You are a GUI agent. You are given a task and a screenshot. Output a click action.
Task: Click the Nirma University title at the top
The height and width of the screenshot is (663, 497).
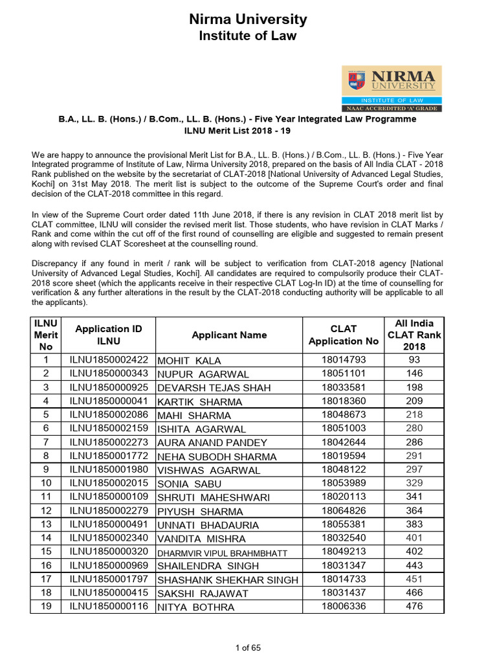click(x=248, y=19)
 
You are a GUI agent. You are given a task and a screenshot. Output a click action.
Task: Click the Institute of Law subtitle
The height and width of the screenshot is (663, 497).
click(x=248, y=36)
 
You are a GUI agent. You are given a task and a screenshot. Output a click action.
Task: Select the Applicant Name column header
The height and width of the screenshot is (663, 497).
click(x=229, y=335)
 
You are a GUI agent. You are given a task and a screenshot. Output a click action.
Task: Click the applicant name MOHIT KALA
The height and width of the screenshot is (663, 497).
click(x=189, y=361)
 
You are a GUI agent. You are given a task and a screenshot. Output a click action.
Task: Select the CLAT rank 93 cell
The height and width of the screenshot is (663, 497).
click(x=414, y=360)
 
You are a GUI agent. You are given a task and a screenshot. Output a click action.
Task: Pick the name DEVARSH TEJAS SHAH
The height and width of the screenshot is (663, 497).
click(x=214, y=388)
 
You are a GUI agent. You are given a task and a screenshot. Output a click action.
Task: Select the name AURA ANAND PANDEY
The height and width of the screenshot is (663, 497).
click(x=212, y=443)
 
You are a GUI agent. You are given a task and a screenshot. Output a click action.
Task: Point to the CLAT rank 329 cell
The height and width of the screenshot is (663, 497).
click(x=414, y=484)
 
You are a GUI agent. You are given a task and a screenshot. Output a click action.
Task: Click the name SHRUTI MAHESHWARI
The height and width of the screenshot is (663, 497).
click(x=214, y=498)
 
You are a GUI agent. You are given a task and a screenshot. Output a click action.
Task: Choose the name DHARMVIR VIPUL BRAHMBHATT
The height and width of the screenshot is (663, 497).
click(x=221, y=553)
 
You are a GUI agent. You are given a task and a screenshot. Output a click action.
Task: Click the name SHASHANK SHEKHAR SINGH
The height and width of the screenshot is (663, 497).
click(x=228, y=580)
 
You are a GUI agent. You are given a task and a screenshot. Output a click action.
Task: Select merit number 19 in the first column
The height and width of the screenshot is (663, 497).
click(x=46, y=607)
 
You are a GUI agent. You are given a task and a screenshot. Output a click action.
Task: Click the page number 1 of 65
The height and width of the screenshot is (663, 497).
click(x=248, y=647)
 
